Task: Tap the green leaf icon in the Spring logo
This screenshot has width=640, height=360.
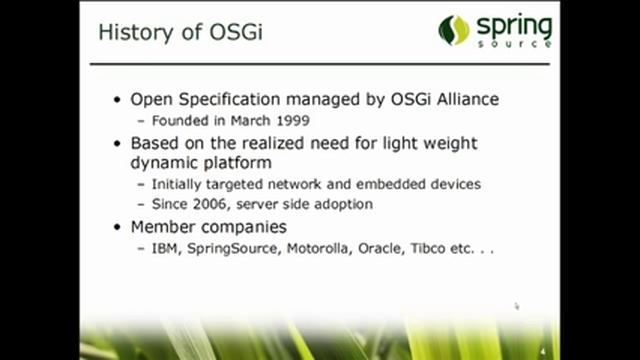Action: pos(453,30)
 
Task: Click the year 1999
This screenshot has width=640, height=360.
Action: pos(292,120)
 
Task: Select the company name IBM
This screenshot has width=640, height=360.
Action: pos(166,249)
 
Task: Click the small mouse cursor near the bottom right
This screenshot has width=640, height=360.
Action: pos(517,307)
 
